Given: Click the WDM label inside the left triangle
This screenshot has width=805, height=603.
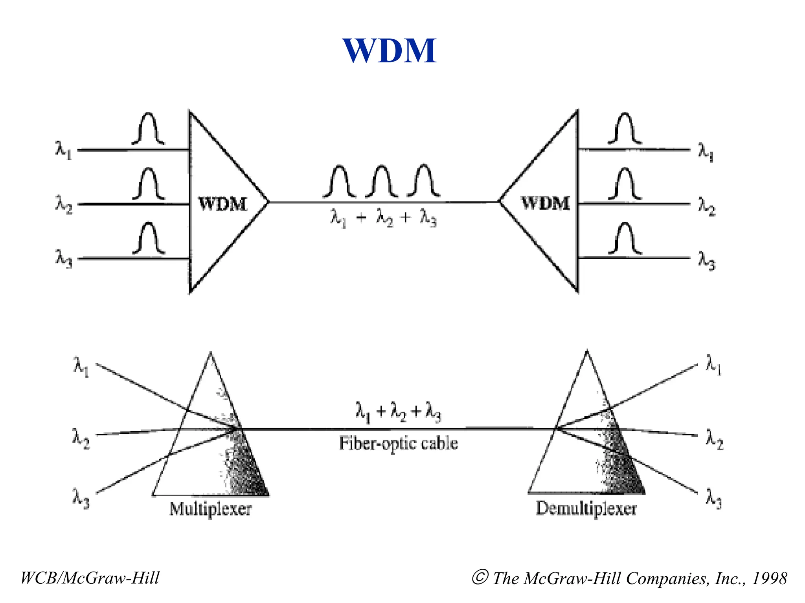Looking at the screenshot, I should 223,204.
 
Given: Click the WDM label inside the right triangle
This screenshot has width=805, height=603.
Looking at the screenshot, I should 546,203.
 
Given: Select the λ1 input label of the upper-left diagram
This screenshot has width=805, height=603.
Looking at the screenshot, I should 63,150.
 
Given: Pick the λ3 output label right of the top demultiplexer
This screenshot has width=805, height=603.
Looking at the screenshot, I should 706,260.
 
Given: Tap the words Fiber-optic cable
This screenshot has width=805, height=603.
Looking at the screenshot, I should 399,444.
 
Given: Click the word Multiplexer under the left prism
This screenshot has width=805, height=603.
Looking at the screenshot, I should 210,509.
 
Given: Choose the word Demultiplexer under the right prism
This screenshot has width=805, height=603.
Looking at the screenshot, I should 586,508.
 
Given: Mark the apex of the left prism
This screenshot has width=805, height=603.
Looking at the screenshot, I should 211,354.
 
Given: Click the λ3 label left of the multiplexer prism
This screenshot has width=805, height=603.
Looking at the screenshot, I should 81,498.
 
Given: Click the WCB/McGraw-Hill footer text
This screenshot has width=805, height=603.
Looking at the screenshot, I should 90,578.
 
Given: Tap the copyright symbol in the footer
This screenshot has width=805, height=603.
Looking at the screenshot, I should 480,577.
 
